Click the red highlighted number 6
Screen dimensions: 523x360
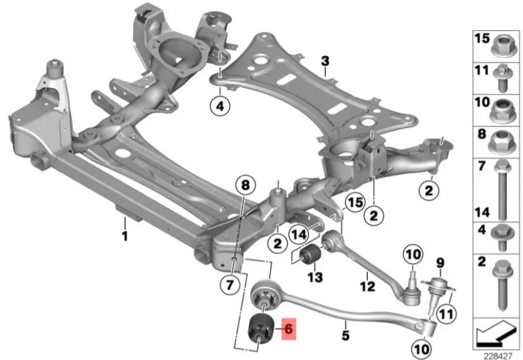[x=288, y=328]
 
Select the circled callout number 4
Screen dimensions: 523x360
[x=220, y=106]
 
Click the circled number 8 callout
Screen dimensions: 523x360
[x=246, y=185]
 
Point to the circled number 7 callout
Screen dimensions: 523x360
[x=230, y=285]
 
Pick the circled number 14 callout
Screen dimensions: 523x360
[x=299, y=235]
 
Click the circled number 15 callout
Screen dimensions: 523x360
[x=355, y=203]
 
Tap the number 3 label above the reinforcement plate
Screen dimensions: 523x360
[x=326, y=61]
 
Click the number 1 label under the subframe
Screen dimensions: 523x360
[x=124, y=237]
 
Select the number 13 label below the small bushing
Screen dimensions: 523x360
[x=315, y=277]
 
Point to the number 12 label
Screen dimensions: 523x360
[x=367, y=286]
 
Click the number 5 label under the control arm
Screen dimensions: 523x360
[x=345, y=335]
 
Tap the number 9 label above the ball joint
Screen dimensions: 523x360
[x=441, y=263]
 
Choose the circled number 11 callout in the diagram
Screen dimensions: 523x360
[x=446, y=314]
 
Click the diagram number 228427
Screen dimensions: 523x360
[x=498, y=355]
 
